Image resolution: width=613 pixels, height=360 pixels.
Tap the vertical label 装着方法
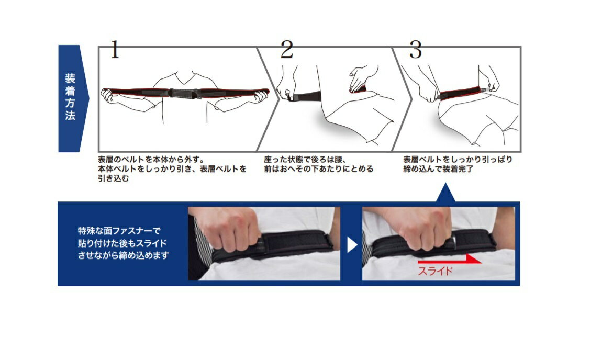[70, 97]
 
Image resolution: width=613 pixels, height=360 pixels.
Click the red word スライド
[435, 271]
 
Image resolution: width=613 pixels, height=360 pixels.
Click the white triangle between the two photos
[352, 245]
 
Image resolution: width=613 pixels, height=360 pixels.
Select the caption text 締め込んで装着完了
[438, 169]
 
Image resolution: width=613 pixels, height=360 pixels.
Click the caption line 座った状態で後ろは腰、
[305, 160]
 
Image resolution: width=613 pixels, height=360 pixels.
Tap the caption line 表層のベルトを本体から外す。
[151, 160]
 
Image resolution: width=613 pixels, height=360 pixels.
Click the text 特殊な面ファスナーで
[119, 231]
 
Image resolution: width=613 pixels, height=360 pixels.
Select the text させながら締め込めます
[123, 255]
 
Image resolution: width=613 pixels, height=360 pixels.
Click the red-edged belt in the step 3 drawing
[460, 93]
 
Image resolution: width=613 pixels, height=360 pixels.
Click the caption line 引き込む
[113, 178]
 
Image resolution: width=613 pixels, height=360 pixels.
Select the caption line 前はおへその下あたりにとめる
[319, 169]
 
